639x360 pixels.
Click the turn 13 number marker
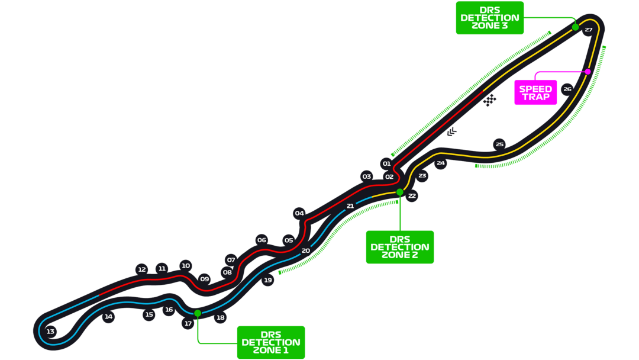pyautogui.click(x=50, y=332)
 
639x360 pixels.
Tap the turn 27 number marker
pyautogui.click(x=588, y=30)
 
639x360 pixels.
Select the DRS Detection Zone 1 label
pyautogui.click(x=271, y=342)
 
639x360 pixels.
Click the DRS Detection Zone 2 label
pyautogui.click(x=400, y=247)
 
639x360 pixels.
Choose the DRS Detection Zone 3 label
pyautogui.click(x=490, y=18)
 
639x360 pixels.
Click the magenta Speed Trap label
pyautogui.click(x=535, y=92)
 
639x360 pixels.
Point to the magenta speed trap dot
pyautogui.click(x=588, y=72)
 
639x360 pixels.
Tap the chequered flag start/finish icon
pyautogui.click(x=489, y=101)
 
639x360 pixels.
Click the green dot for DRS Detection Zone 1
pyautogui.click(x=198, y=313)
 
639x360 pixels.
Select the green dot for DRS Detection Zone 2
pyautogui.click(x=400, y=192)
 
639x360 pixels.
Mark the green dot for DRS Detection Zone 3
pyautogui.click(x=575, y=27)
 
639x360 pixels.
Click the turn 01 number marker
pyautogui.click(x=386, y=163)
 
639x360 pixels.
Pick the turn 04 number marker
pyautogui.click(x=299, y=213)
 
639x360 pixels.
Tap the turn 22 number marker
pyautogui.click(x=412, y=196)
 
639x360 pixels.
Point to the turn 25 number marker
pyautogui.click(x=500, y=144)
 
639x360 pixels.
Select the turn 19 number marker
pyautogui.click(x=268, y=280)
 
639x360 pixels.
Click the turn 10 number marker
pyautogui.click(x=186, y=265)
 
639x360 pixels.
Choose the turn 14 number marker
pyautogui.click(x=108, y=317)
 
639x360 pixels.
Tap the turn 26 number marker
pyautogui.click(x=567, y=89)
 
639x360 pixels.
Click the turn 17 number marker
pyautogui.click(x=188, y=323)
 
